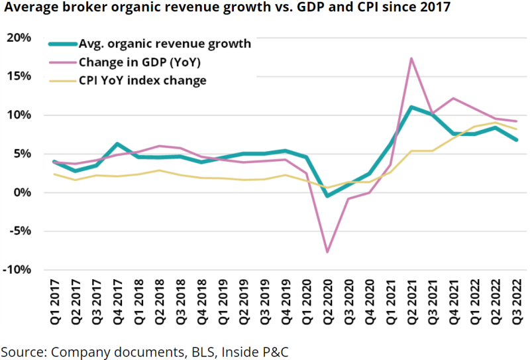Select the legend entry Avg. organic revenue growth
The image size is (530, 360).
pyautogui.click(x=165, y=44)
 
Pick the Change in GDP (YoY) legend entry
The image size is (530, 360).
pyautogui.click(x=139, y=63)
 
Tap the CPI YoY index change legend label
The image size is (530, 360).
pyautogui.click(x=142, y=81)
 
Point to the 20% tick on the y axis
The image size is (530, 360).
pyautogui.click(x=18, y=38)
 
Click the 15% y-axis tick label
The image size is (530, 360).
pyautogui.click(x=18, y=76)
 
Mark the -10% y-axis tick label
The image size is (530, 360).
pyautogui.click(x=16, y=270)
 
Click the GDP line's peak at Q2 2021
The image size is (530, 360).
pyautogui.click(x=411, y=58)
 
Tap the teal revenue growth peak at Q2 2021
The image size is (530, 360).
pyautogui.click(x=411, y=107)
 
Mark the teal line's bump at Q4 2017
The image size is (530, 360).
pyautogui.click(x=117, y=144)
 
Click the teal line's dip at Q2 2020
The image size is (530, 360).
pyautogui.click(x=327, y=196)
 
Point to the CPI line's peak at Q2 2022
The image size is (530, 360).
pyautogui.click(x=495, y=122)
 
